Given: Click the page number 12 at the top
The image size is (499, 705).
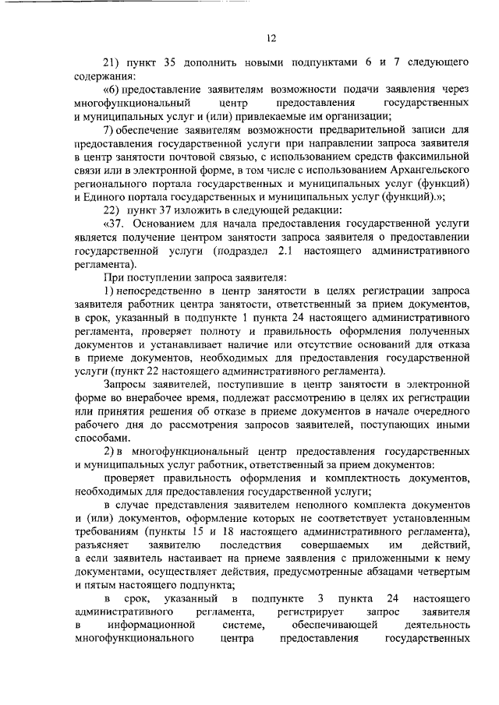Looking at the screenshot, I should coord(271,36).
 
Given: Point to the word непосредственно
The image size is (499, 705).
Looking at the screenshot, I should coord(162,291).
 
